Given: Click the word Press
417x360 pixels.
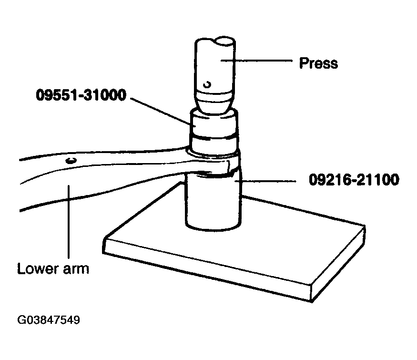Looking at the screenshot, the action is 318,63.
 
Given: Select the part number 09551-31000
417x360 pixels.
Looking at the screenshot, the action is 81,95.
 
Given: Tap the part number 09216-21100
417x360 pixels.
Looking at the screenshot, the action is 354,180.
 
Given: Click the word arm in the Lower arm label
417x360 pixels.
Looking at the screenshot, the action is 76,270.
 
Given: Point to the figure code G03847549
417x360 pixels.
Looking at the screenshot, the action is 49,320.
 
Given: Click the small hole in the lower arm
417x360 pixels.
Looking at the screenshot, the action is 71,160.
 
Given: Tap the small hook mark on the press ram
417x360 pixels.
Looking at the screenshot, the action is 207,84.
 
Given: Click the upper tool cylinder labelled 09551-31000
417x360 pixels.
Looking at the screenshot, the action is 214,130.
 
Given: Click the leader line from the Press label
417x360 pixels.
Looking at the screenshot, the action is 257,61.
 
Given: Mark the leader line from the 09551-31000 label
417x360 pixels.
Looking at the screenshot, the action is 161,111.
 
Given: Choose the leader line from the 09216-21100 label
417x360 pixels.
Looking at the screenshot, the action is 265,181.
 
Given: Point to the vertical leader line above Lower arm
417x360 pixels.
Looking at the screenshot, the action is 69,222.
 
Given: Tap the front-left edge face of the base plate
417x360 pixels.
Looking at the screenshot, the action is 207,270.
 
